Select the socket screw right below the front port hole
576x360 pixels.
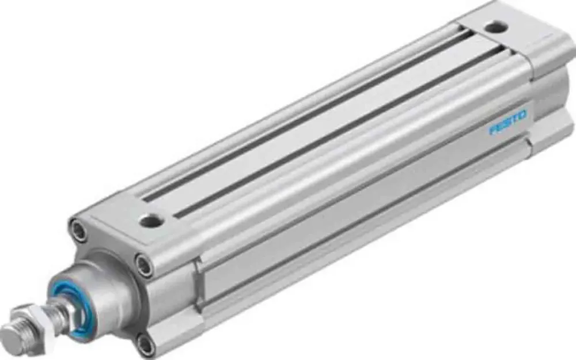pyautogui.click(x=145, y=266)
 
